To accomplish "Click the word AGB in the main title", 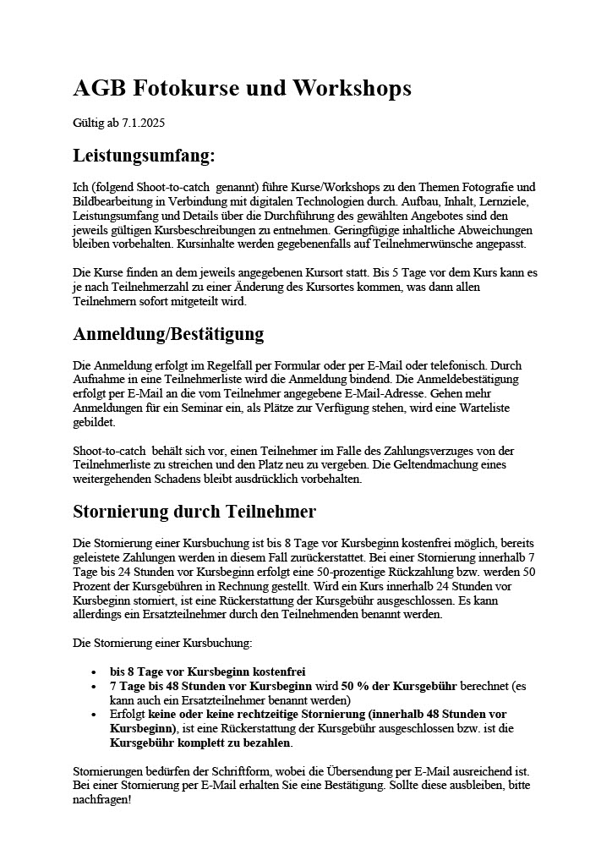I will tap(99, 88).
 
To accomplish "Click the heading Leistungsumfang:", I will tap(144, 156).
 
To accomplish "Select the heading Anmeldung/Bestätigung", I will tap(169, 333).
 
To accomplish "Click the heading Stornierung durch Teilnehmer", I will tap(194, 511).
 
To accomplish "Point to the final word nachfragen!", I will tap(102, 800).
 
